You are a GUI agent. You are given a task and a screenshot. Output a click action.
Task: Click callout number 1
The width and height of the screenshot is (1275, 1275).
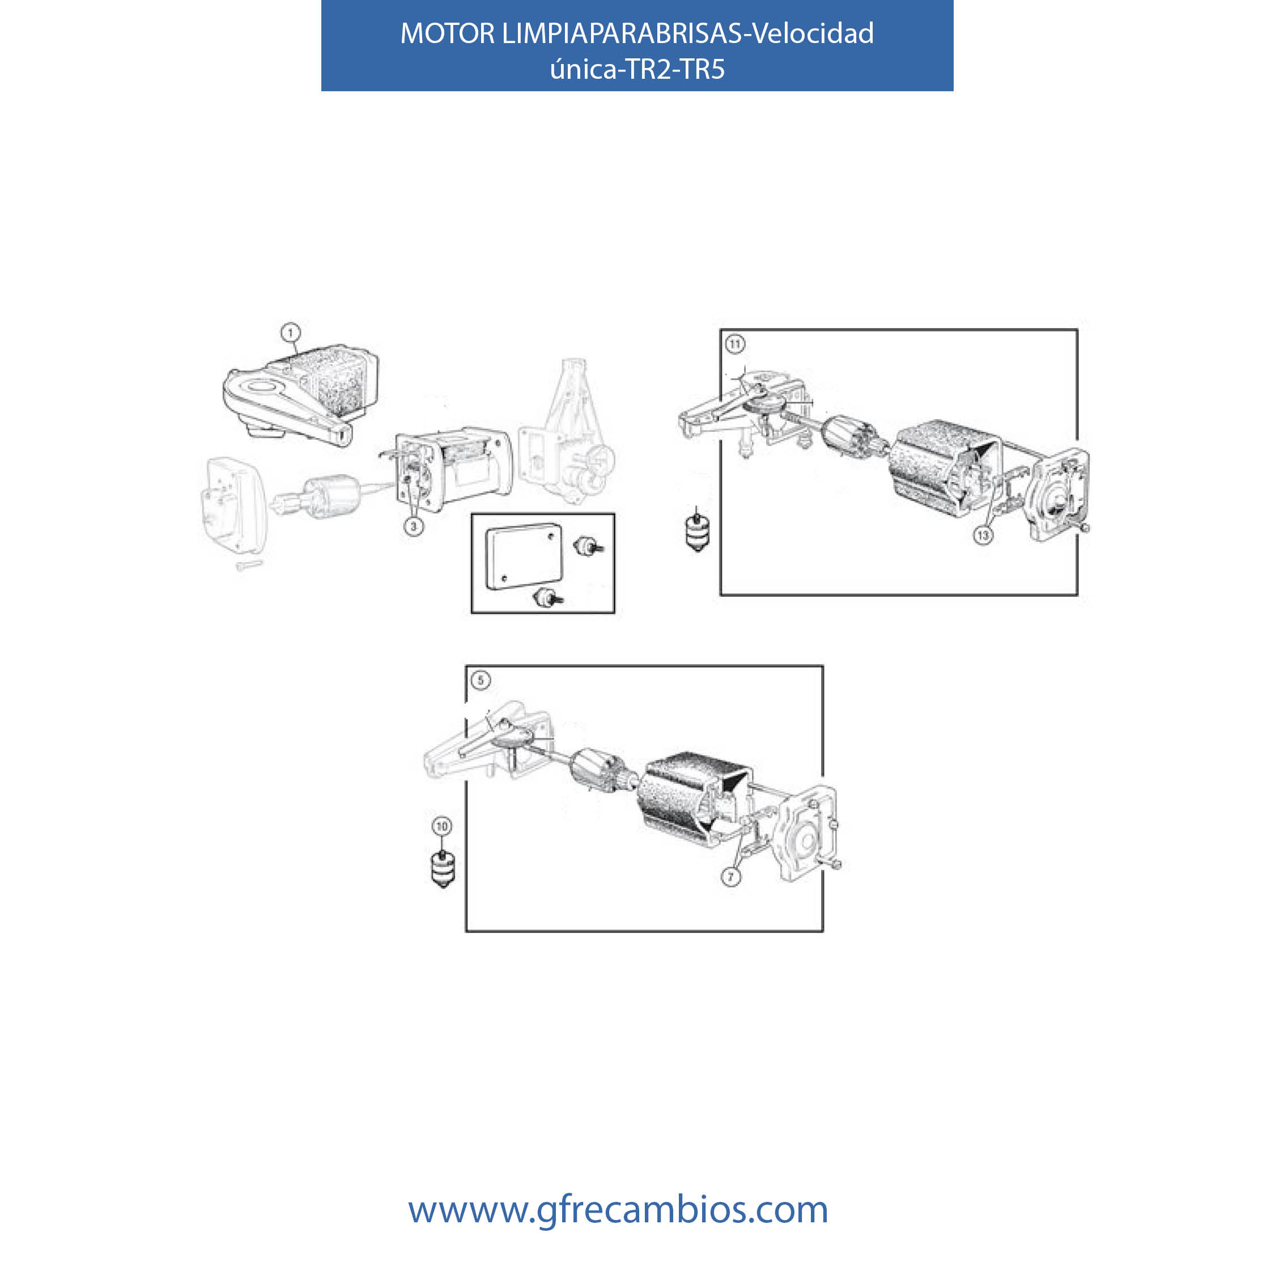point(291,333)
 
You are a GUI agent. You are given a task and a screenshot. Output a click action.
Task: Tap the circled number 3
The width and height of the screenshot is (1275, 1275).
point(414,526)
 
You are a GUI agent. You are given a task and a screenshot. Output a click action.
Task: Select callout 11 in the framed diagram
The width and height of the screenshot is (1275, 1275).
point(735,344)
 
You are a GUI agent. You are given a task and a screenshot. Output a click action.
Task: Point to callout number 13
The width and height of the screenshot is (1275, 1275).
point(983,534)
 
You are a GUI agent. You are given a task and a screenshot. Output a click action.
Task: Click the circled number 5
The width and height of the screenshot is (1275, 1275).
point(481,680)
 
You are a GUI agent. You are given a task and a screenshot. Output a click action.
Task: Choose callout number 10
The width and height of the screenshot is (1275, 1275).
point(442,826)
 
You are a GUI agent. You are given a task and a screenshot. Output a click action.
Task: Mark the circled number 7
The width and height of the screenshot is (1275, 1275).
point(730,877)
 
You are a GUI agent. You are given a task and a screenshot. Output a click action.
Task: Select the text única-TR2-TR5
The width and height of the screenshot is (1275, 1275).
point(637,69)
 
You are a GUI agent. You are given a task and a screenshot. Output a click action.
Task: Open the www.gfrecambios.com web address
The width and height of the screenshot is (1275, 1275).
point(618,1209)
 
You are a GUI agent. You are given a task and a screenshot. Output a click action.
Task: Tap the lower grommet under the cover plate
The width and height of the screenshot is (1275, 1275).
point(547,597)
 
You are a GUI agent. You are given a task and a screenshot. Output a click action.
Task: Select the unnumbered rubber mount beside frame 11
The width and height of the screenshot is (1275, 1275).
point(698,532)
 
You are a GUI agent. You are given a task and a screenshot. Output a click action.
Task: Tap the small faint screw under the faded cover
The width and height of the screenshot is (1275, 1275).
point(249,565)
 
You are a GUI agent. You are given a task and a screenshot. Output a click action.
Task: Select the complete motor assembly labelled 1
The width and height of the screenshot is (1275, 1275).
point(301,394)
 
